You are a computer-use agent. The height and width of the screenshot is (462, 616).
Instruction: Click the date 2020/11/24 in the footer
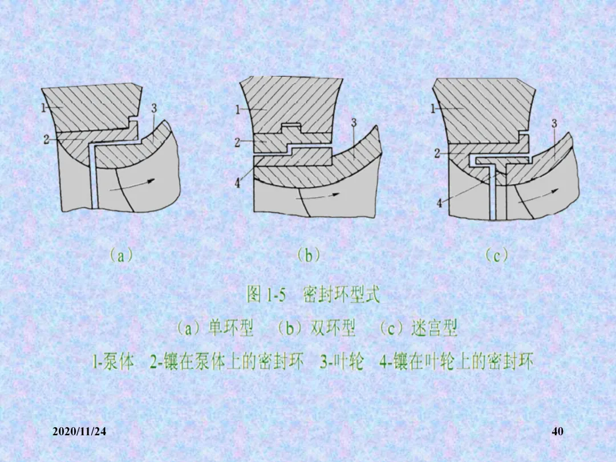tap(79, 431)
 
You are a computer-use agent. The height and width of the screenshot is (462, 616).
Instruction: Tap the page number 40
tap(557, 431)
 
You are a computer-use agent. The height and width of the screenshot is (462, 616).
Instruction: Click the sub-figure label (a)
tap(121, 256)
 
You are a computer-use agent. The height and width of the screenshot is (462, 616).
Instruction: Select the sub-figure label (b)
tap(309, 256)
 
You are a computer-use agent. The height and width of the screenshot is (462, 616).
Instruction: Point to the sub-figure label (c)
tap(496, 256)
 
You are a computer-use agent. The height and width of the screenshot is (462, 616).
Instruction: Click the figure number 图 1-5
tap(266, 295)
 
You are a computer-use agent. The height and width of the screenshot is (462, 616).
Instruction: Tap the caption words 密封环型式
tap(342, 295)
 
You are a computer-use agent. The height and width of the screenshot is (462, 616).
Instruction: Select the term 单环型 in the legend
tap(230, 328)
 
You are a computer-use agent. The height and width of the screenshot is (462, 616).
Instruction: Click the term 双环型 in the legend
tap(333, 328)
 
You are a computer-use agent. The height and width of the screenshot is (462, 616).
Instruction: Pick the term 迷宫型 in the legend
tap(435, 328)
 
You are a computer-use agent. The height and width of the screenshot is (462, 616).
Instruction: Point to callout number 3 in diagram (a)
tap(154, 107)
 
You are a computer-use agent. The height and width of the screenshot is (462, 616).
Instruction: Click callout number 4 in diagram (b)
tap(237, 183)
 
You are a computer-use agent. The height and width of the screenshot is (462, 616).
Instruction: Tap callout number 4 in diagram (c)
tap(439, 203)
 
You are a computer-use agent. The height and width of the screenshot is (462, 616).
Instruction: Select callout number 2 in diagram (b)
tap(237, 142)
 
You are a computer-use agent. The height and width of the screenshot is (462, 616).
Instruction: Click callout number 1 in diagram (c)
tap(433, 108)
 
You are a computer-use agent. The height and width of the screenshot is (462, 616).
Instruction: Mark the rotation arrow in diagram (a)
tap(132, 185)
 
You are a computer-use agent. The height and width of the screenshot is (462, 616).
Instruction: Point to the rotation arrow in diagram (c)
tap(538, 196)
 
